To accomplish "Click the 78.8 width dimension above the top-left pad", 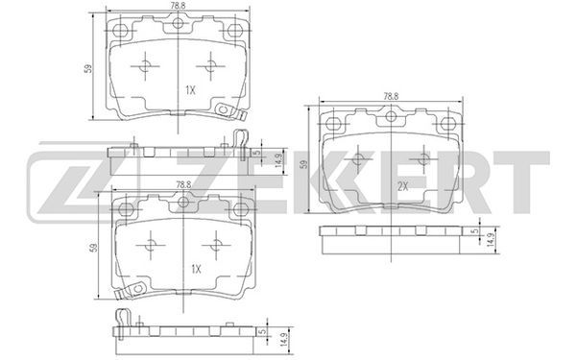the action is click(x=179, y=5).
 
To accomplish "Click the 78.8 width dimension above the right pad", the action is click(x=392, y=97).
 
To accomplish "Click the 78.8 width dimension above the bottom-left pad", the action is click(x=183, y=185).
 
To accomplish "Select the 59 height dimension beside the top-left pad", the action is click(x=88, y=69).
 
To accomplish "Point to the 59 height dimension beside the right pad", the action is click(x=303, y=164).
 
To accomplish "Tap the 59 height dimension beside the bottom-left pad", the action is click(x=94, y=248).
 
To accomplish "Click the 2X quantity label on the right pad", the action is click(x=403, y=186).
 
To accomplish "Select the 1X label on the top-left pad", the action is click(x=190, y=90).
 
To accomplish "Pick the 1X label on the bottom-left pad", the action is click(x=197, y=269).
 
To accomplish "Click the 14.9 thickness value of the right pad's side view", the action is click(x=491, y=239).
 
